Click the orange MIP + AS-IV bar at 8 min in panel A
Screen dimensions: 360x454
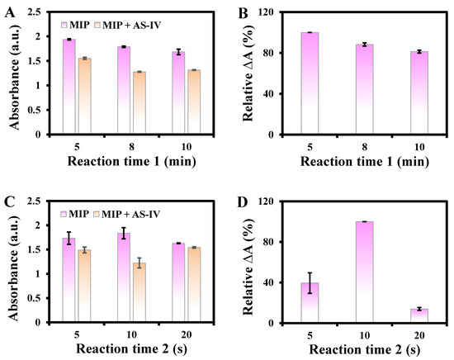click(x=138, y=102)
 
